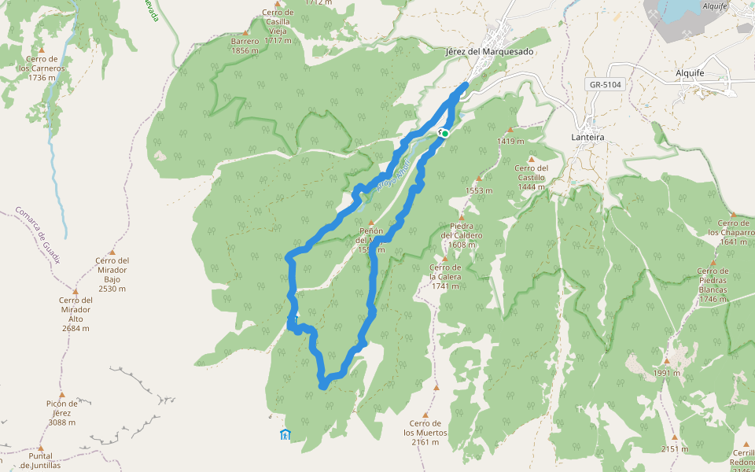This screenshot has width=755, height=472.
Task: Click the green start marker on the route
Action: [x=445, y=134]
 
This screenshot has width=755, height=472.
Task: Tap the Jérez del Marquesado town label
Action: [x=489, y=52]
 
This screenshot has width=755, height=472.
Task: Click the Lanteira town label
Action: [x=588, y=137]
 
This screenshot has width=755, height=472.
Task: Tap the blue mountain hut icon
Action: [x=285, y=434]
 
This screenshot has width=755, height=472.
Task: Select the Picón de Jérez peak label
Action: [x=61, y=412]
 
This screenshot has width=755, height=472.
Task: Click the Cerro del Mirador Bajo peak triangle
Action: [x=112, y=252]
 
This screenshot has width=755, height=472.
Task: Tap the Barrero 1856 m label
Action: [x=245, y=46]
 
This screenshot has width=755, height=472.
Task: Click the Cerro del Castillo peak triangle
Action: [x=532, y=158]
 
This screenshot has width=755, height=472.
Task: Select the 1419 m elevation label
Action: [x=510, y=142]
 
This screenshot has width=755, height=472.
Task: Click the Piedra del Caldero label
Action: [x=462, y=235]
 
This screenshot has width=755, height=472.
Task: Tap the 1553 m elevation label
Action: [x=478, y=190]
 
